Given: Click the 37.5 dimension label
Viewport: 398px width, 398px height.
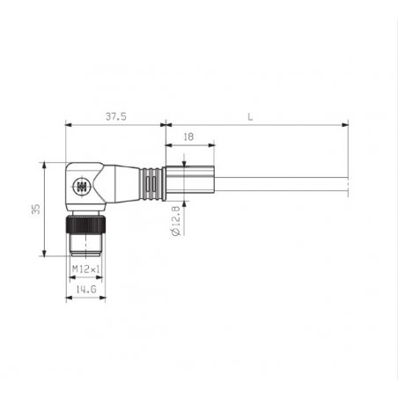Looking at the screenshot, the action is pyautogui.click(x=116, y=116).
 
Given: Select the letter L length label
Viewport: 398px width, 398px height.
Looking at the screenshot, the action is pyautogui.click(x=250, y=117).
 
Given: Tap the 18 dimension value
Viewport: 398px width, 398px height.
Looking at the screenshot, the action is pyautogui.click(x=188, y=136).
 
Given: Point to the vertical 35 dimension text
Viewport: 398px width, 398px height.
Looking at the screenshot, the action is pyautogui.click(x=36, y=209).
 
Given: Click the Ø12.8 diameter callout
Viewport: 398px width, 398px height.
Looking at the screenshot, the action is pyautogui.click(x=175, y=221).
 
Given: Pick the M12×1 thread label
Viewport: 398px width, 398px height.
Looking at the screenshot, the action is pyautogui.click(x=86, y=269).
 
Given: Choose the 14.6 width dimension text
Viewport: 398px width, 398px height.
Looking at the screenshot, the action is pyautogui.click(x=86, y=290).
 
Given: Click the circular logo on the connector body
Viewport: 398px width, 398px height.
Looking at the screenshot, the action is pyautogui.click(x=80, y=186).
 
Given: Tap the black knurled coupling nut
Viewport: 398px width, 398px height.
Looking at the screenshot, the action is pyautogui.click(x=85, y=225).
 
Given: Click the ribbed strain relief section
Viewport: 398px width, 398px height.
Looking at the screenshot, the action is pyautogui.click(x=151, y=184).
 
